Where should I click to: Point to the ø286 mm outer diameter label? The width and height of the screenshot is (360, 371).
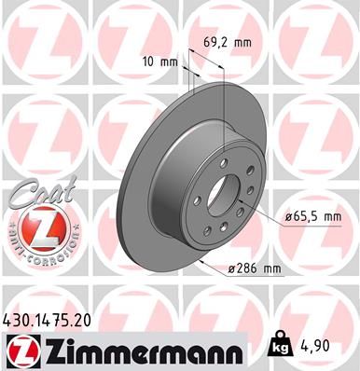[x=255, y=269]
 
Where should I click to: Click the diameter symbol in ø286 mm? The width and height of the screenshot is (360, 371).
[x=231, y=269]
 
